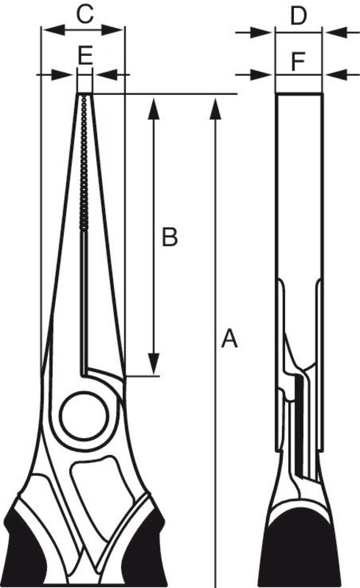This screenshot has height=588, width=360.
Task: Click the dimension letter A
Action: (x=229, y=338)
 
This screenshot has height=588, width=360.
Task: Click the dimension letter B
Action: (x=170, y=237)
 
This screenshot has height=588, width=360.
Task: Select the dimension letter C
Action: (x=84, y=15)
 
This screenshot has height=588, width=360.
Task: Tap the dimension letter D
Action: (x=299, y=16)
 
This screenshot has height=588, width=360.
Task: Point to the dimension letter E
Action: (x=85, y=56)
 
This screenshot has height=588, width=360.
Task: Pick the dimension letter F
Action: (x=298, y=62)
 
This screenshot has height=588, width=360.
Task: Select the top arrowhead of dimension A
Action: (x=215, y=109)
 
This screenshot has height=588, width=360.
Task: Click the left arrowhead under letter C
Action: (x=54, y=30)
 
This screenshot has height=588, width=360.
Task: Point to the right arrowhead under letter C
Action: (x=112, y=30)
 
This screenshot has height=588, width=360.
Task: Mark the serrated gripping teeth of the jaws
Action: (x=84, y=162)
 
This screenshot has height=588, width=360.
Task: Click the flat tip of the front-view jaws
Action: (x=84, y=93)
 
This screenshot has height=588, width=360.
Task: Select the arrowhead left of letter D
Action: (x=262, y=32)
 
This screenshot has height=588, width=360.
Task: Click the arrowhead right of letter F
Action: (x=336, y=75)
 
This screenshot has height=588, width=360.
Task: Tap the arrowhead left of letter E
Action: (x=62, y=75)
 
